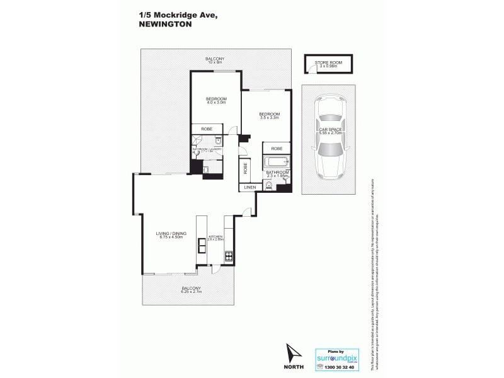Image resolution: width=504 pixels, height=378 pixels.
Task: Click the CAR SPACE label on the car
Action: [x=330, y=131]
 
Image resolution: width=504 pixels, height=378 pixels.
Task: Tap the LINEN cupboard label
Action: [x=249, y=187]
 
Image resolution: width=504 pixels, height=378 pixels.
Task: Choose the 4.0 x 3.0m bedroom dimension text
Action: [x=215, y=104]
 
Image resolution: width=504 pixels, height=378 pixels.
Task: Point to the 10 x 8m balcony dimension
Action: [x=215, y=63]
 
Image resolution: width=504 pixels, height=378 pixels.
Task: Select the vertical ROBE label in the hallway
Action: [x=244, y=169]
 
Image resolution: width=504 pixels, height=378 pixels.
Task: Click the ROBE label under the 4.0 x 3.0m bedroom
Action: [x=206, y=129]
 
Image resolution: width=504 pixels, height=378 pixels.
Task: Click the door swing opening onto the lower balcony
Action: [x=215, y=269]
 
